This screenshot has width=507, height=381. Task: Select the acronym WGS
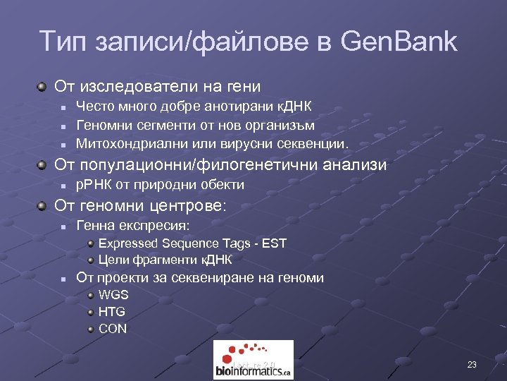[x=113, y=295]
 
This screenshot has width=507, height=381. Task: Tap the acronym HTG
[x=112, y=311]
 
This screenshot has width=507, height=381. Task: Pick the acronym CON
[x=113, y=328]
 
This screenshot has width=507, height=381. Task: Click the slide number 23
[x=471, y=365]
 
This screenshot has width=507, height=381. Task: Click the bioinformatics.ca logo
[x=253, y=360]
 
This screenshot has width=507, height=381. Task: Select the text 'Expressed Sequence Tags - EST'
[x=192, y=243]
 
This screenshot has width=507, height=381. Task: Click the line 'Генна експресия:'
[x=132, y=226]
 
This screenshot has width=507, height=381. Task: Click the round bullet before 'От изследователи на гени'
[x=44, y=87]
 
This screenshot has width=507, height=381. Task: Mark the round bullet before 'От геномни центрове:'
[x=44, y=206]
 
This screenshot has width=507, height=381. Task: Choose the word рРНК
[x=92, y=185]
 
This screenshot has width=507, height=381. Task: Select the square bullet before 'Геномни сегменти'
[x=63, y=126]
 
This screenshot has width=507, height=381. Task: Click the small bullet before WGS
[x=91, y=295]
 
